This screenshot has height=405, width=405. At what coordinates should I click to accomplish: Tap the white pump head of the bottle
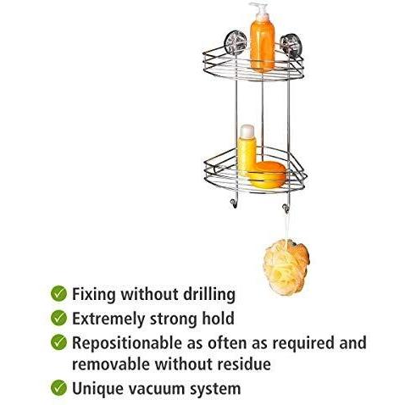click(x=260, y=11)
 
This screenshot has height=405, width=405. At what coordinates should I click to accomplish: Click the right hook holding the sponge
click(x=287, y=208)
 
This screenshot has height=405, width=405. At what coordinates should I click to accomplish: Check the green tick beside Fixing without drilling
click(x=58, y=294)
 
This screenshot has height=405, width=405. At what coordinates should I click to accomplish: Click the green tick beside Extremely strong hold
click(x=58, y=319)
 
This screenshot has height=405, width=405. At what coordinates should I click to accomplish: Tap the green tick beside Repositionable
click(x=58, y=343)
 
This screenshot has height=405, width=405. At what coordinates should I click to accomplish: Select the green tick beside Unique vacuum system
click(x=58, y=388)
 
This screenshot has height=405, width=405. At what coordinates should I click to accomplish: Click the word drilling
click(x=205, y=295)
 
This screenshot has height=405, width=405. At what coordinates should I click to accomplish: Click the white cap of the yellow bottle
click(x=247, y=131)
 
